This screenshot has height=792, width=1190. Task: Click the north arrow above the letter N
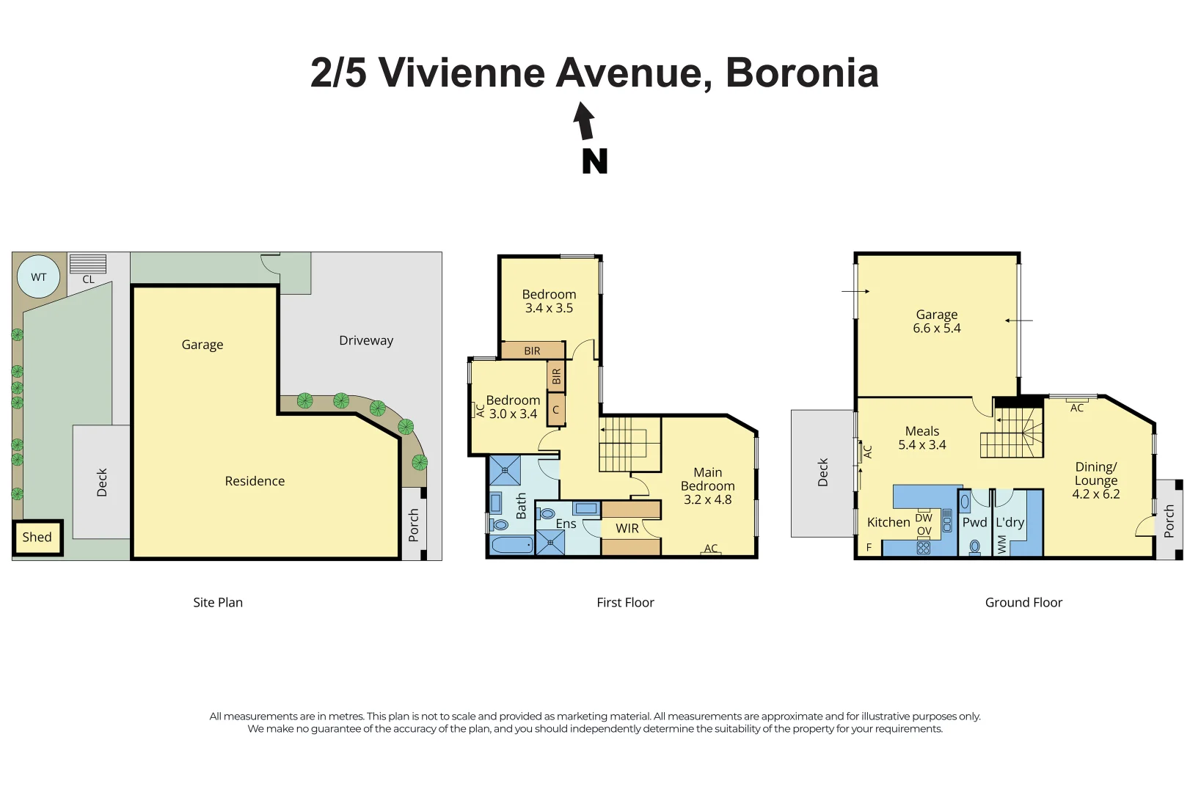point(584,121)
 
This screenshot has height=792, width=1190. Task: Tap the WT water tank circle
point(38,277)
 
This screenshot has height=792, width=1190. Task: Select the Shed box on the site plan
point(37,538)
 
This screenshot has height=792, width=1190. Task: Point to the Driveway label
point(366,340)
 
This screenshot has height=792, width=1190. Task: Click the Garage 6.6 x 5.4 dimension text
point(936,329)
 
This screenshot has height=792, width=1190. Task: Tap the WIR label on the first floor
point(627,528)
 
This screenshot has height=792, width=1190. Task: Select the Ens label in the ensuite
point(566,524)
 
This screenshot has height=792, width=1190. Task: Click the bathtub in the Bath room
point(511,545)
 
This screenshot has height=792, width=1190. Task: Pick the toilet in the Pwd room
point(974,546)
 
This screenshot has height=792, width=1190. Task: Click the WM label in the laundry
point(1002,543)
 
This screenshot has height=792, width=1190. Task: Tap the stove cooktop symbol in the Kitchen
point(924,547)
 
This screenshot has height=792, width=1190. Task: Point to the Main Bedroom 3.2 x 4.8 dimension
point(707,499)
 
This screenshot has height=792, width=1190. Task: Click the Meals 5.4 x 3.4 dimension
point(921,445)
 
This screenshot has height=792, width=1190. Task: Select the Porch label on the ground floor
point(1169,521)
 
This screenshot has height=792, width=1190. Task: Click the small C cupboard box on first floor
point(555,410)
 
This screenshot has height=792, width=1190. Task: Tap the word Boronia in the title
point(802,73)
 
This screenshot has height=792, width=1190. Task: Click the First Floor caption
point(625,603)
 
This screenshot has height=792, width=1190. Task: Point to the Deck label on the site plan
point(102,483)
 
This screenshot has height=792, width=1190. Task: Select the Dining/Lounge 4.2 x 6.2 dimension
point(1095,494)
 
